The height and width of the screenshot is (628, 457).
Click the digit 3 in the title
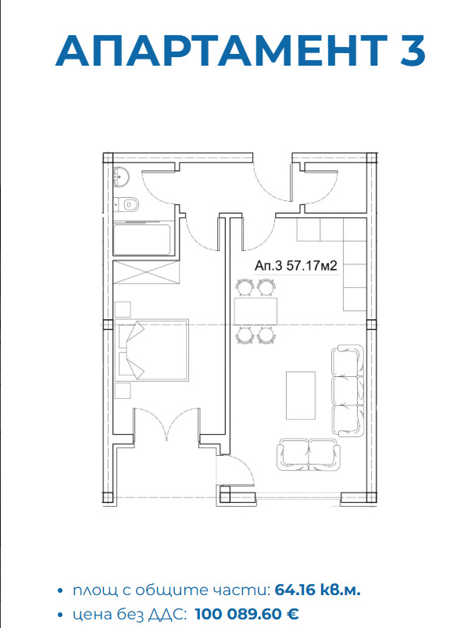coord(412,51)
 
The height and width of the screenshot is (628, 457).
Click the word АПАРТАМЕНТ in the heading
coord(222,51)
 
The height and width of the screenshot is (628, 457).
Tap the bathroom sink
coord(121,177)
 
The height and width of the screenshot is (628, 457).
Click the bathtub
coord(144,239)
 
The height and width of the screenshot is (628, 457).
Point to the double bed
coord(152,350)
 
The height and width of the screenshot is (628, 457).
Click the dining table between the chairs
coord(255,311)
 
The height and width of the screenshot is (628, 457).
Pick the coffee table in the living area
coord(301,395)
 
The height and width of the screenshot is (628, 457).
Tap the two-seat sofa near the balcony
coord(309,454)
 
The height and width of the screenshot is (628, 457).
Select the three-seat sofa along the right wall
coord(348,390)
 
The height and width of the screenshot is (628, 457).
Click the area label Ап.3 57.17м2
coord(296,266)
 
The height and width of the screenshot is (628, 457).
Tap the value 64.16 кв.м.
coord(318,590)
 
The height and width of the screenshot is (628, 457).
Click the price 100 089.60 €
coord(247,614)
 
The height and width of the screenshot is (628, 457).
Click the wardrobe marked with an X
coord(146,272)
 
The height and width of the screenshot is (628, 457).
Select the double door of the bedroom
coord(166,425)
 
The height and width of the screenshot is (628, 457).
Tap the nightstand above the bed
coord(123,310)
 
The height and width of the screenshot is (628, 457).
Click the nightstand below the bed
coord(123,390)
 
